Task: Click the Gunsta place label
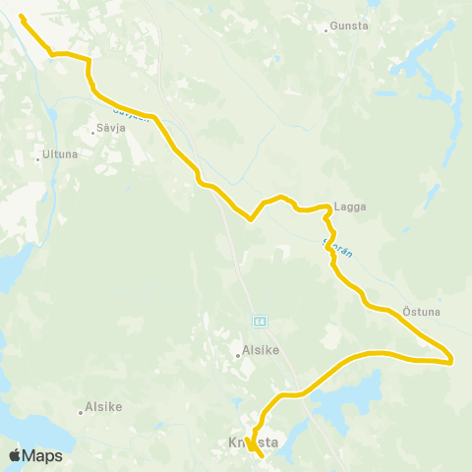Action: (351, 27)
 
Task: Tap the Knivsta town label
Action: (254, 443)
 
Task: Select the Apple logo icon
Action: (15, 455)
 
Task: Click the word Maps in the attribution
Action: (42, 455)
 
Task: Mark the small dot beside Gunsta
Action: (326, 29)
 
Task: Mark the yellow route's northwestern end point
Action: (22, 18)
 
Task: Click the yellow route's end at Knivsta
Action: (262, 455)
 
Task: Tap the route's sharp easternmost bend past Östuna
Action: (450, 360)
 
